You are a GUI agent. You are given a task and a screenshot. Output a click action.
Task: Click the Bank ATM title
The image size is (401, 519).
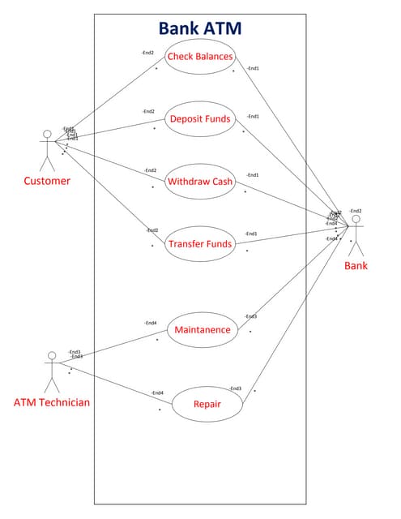pyautogui.click(x=199, y=28)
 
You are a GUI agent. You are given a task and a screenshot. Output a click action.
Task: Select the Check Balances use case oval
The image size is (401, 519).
pyautogui.click(x=199, y=57)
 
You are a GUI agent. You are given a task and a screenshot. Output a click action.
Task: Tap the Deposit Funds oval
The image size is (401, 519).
pyautogui.click(x=199, y=119)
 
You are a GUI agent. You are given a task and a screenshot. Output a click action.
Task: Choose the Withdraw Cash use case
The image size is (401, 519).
pyautogui.click(x=199, y=182)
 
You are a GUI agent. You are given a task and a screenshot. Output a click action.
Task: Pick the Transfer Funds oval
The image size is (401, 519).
pyautogui.click(x=199, y=243)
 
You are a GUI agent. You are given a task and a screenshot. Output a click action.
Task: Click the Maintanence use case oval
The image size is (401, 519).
pyautogui.click(x=203, y=329)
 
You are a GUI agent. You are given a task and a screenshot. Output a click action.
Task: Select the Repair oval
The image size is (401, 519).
pyautogui.click(x=207, y=404)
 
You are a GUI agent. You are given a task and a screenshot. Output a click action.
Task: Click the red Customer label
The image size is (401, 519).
pyautogui.click(x=47, y=181)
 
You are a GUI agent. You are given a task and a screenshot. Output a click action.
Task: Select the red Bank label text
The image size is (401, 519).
pyautogui.click(x=356, y=265)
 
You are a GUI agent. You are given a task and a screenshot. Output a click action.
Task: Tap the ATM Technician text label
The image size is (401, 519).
pyautogui.click(x=52, y=402)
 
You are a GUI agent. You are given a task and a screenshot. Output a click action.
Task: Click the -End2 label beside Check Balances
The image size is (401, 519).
pyautogui.click(x=147, y=53)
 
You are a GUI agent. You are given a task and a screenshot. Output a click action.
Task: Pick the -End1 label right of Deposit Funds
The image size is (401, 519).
pyautogui.click(x=253, y=116)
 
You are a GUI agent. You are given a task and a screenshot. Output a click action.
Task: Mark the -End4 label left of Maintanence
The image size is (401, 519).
pyautogui.click(x=151, y=323)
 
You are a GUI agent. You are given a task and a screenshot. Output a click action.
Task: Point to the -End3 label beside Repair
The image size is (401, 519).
pyautogui.click(x=236, y=388)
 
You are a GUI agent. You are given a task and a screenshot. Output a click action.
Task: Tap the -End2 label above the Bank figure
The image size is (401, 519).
pyautogui.click(x=356, y=211)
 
